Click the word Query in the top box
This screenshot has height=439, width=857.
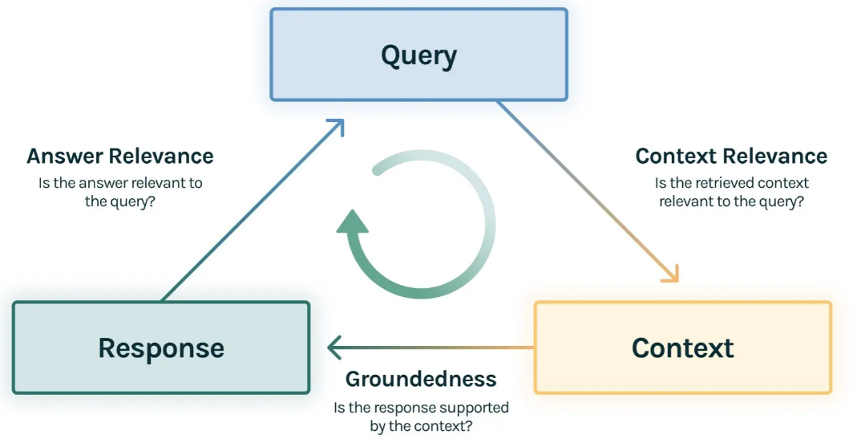point(418,56)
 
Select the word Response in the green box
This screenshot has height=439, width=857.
point(161,348)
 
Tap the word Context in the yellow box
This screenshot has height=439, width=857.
point(682,348)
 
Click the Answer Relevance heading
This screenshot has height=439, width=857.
point(120,156)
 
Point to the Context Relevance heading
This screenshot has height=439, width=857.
point(731,156)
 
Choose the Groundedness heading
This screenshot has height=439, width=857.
point(421,379)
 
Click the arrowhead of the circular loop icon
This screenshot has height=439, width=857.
point(352,220)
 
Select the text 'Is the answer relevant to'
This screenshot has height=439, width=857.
point(120,183)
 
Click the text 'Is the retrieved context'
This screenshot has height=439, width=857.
point(731,183)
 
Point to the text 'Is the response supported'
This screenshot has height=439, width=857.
point(421,408)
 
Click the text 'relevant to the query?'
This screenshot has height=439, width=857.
point(731,202)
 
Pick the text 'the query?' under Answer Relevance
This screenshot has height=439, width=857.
point(120,202)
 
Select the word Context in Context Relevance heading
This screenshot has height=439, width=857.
point(678,156)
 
